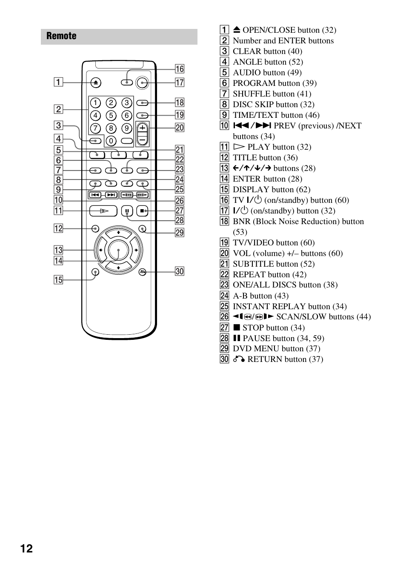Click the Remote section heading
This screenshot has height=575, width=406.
tap(62, 36)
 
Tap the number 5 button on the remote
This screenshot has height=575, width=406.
tap(111, 115)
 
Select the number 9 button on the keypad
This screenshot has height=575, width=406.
tap(126, 128)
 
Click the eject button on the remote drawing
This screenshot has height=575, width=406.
tap(96, 83)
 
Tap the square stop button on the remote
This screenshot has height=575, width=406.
tap(142, 211)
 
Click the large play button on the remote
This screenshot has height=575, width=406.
tap(103, 211)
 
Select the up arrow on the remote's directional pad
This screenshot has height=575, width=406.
tap(118, 233)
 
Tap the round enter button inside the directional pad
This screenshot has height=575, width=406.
tap(118, 250)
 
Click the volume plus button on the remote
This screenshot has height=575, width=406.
tap(142, 128)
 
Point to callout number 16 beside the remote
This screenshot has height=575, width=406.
tap(180, 69)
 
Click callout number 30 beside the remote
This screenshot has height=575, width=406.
tap(180, 271)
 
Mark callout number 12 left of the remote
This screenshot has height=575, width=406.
tap(58, 228)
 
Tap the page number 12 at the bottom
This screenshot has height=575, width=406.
tap(26, 549)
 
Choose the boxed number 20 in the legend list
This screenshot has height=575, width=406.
tap(224, 253)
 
